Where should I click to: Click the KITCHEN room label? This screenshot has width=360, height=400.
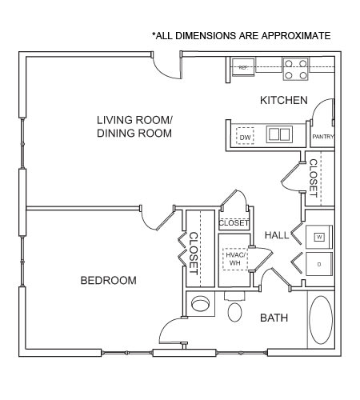(x=284, y=100)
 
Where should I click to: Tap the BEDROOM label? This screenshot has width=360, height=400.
(x=109, y=280)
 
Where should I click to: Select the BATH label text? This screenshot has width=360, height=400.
(x=274, y=318)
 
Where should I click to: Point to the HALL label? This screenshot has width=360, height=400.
(x=277, y=235)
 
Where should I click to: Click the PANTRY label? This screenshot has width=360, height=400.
(x=323, y=137)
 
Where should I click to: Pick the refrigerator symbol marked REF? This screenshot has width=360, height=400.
(x=243, y=67)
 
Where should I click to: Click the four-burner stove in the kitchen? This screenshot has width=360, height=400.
(x=296, y=69)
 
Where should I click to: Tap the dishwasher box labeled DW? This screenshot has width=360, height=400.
(x=245, y=136)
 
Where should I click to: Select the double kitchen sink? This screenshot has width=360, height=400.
(x=279, y=134)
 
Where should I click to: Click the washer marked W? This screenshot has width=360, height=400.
(x=319, y=237)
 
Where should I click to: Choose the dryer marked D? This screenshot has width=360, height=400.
(x=319, y=264)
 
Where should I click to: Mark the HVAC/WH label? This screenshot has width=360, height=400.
(x=235, y=258)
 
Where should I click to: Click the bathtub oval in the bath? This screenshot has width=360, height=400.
(x=321, y=320)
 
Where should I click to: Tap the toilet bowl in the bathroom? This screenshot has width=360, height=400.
(x=234, y=312)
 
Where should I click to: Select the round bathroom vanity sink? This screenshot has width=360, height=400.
(x=200, y=303)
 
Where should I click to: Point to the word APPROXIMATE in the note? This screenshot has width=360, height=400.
(x=296, y=35)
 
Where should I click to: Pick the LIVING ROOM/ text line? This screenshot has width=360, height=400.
(x=134, y=120)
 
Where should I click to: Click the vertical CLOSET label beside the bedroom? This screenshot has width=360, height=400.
(x=194, y=254)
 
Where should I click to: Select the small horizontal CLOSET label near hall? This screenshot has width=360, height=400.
(x=234, y=222)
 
